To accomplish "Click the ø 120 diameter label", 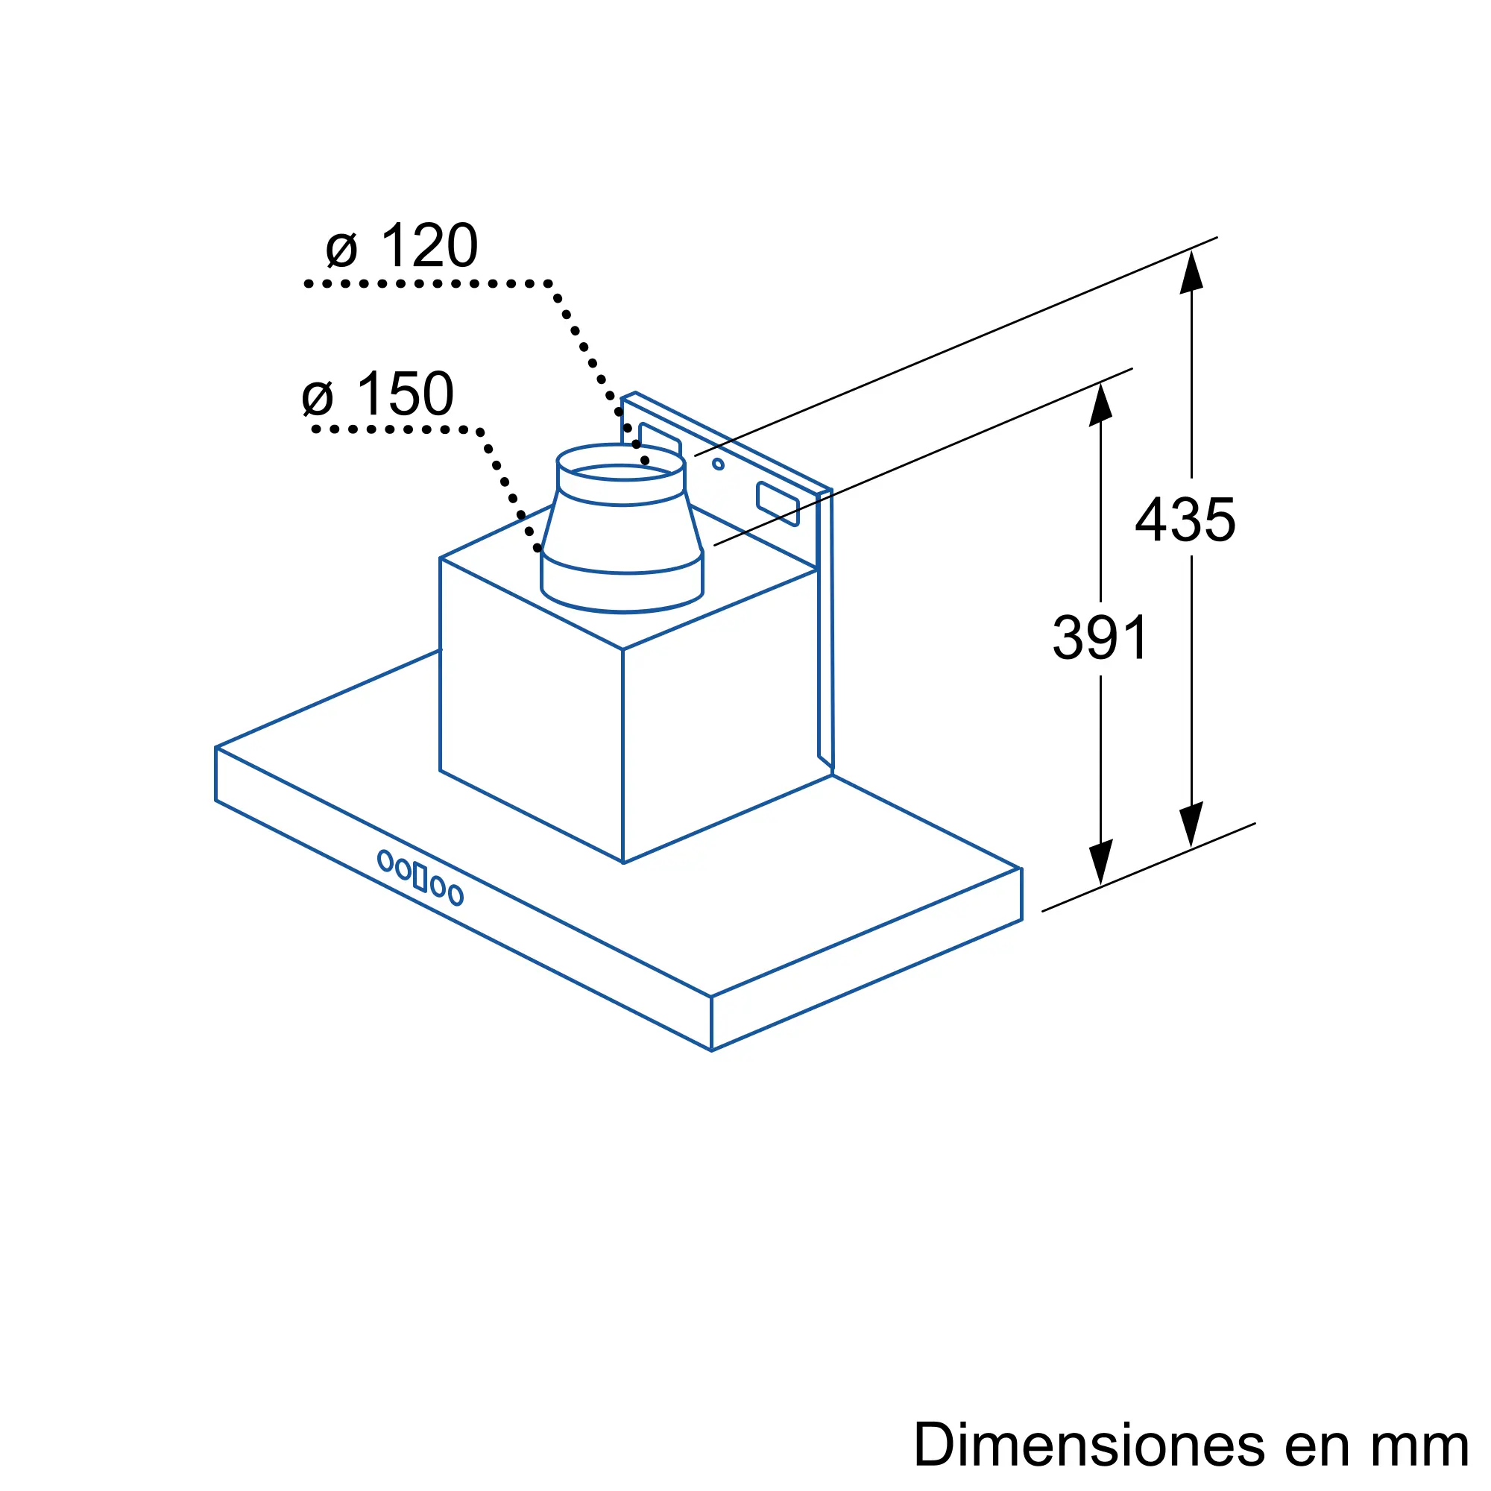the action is tap(402, 245).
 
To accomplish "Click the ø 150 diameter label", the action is tap(378, 394).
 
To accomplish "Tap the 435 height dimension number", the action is tap(1185, 520).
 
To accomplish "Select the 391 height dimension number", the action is tap(1100, 637).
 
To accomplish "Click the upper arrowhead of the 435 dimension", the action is tap(1191, 271).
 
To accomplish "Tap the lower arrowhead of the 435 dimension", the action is tap(1191, 825).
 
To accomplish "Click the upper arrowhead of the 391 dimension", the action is tap(1100, 404).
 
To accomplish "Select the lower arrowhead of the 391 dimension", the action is tap(1100, 862).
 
